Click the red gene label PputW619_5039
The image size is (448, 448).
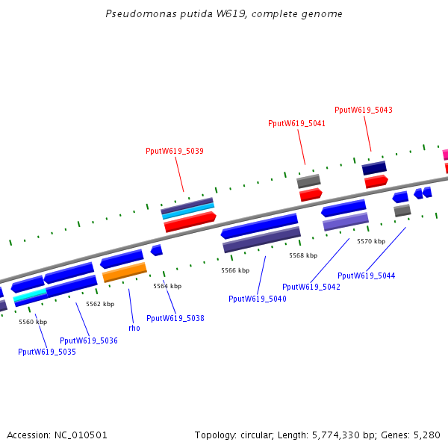pos(175,151)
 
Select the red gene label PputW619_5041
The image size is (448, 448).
pos(296,123)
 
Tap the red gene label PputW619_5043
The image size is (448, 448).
pos(364,110)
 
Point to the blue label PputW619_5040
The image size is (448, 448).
pos(258,299)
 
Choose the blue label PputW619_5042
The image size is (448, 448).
pos(311,287)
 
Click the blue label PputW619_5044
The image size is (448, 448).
pos(367,276)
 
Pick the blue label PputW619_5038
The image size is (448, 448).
pos(175,318)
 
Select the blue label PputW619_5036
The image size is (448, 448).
pos(89,340)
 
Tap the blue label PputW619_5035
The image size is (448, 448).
pos(47,352)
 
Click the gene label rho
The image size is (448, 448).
pos(134,328)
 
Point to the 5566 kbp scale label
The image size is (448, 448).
pos(235,270)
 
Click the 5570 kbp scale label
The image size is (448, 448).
pos(371,241)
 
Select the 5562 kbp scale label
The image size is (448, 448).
pos(100,304)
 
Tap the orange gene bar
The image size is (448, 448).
pos(125,273)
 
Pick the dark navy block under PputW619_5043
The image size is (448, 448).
pos(374,168)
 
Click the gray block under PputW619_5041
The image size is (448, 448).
pos(308,181)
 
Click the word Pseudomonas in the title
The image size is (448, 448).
pos(133,14)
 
